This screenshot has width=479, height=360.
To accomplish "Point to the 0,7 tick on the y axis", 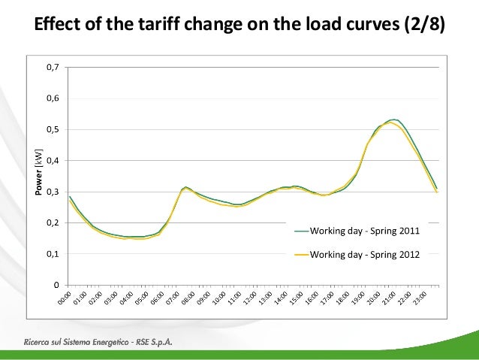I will (53, 68).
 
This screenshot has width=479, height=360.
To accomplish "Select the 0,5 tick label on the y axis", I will (53, 129).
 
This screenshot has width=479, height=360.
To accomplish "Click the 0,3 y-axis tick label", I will (53, 192).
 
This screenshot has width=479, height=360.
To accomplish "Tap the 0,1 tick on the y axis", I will (53, 254).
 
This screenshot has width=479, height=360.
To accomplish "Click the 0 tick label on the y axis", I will (57, 285).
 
